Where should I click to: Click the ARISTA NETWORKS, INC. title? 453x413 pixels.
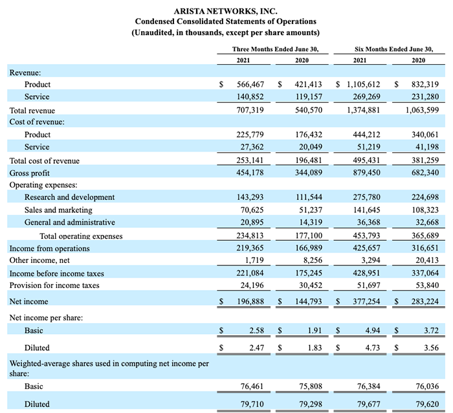226,11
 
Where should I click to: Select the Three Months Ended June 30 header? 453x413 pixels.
275,49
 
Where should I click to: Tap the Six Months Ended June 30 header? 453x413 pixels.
394,49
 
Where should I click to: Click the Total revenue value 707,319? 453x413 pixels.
250,110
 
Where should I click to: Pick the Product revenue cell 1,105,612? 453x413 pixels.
364,84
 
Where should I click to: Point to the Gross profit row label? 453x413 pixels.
30,173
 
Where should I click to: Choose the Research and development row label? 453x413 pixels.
69,197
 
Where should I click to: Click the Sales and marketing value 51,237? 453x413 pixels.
310,210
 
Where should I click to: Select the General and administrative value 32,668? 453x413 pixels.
425,222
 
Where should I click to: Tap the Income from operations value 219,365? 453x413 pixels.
250,248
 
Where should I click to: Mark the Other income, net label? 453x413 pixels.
39,260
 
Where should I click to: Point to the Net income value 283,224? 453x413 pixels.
425,301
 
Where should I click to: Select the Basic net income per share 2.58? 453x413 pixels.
257,330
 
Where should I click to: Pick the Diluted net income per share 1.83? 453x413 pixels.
315,348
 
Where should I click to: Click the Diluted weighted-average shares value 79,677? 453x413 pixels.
369,404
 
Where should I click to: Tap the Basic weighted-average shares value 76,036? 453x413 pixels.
427,386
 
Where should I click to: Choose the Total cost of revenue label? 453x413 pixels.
45,161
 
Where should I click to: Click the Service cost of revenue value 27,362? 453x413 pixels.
252,147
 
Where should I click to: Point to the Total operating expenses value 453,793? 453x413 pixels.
367,236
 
